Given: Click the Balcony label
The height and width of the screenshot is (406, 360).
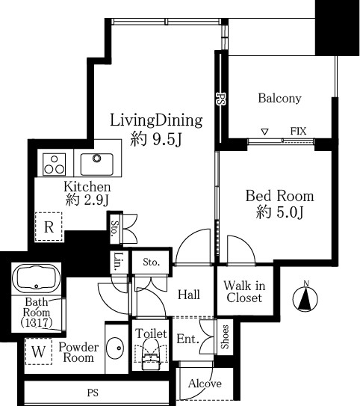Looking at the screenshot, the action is tap(279, 99).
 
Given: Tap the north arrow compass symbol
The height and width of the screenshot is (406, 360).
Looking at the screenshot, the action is tap(305, 297).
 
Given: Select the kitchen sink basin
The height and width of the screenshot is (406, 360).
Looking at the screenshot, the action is tap(96, 164).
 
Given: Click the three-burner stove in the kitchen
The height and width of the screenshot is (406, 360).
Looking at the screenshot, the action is tap(54, 164).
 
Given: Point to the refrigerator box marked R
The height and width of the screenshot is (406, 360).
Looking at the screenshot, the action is tap(49, 227).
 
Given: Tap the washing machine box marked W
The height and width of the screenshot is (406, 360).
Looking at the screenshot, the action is tap(39, 351).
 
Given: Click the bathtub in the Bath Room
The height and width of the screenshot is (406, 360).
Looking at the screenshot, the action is tap(36, 277).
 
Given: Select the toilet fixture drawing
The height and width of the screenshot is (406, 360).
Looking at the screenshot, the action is tap(151, 354).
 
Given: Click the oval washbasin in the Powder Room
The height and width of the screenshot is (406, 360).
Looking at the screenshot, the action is tap(115, 348).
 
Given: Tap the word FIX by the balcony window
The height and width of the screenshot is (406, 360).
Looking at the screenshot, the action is tap(298, 132).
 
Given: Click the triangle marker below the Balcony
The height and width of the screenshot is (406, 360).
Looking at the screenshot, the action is tap(264, 132).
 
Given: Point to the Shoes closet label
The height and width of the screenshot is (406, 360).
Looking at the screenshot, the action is tap(225, 336).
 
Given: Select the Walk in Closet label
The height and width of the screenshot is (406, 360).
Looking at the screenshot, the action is tap(244, 292).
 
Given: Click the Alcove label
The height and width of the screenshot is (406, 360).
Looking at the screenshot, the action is tap(205, 384).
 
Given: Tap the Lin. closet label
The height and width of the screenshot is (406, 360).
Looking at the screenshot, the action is tap(118, 262).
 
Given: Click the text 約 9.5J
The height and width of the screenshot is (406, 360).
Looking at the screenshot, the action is tap(156, 139).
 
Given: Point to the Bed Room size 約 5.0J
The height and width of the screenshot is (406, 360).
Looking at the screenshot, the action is tap(279, 212).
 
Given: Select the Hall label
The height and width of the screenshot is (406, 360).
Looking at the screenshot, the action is tap(189, 295).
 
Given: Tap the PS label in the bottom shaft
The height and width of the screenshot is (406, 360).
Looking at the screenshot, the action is tap(93, 393).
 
